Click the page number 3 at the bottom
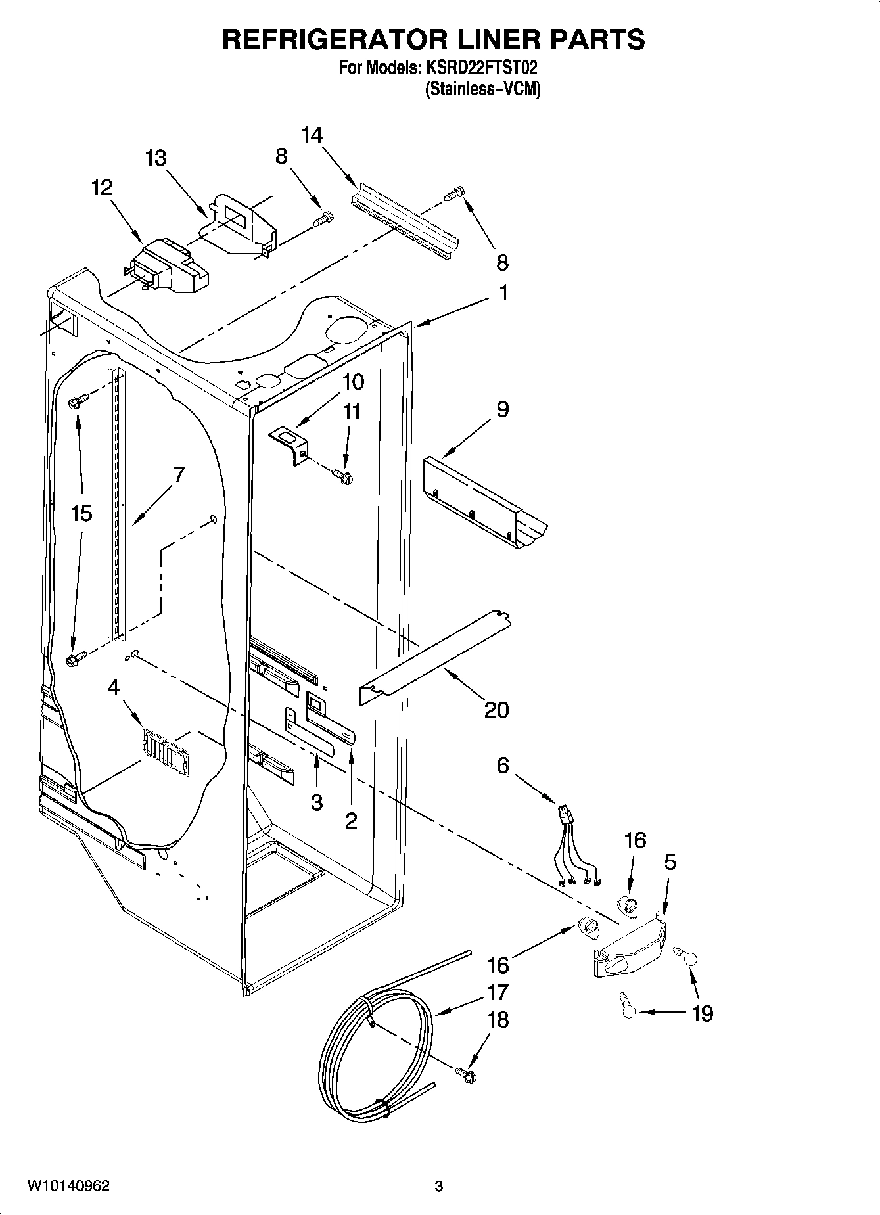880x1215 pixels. click(x=439, y=1187)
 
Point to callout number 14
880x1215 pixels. click(x=312, y=135)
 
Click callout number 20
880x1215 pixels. click(x=496, y=710)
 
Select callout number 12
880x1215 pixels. click(x=102, y=188)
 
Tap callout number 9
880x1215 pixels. click(x=502, y=409)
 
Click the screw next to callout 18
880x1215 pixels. click(x=467, y=1075)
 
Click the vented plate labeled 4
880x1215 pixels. click(x=166, y=746)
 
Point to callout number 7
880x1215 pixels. click(x=178, y=474)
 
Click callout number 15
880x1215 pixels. click(x=81, y=513)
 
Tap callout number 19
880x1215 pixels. click(x=703, y=1013)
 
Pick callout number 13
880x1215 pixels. click(x=156, y=158)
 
